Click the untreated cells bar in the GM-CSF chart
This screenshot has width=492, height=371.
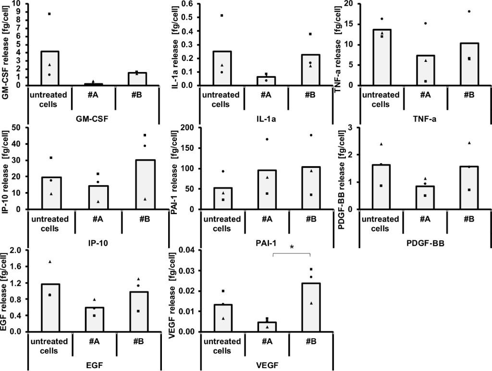pyautogui.click(x=50, y=68)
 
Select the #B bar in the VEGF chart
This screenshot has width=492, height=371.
pyautogui.click(x=311, y=307)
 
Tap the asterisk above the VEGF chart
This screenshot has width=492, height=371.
pyautogui.click(x=292, y=247)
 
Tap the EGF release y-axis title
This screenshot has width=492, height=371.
pyautogui.click(x=7, y=290)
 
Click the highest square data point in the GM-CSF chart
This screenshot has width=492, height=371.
pyautogui.click(x=49, y=14)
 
